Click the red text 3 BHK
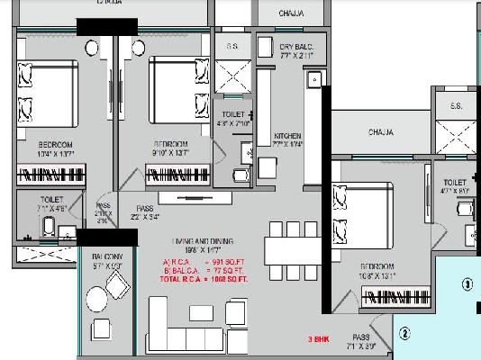point(318,338)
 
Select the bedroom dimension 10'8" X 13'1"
point(376,277)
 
